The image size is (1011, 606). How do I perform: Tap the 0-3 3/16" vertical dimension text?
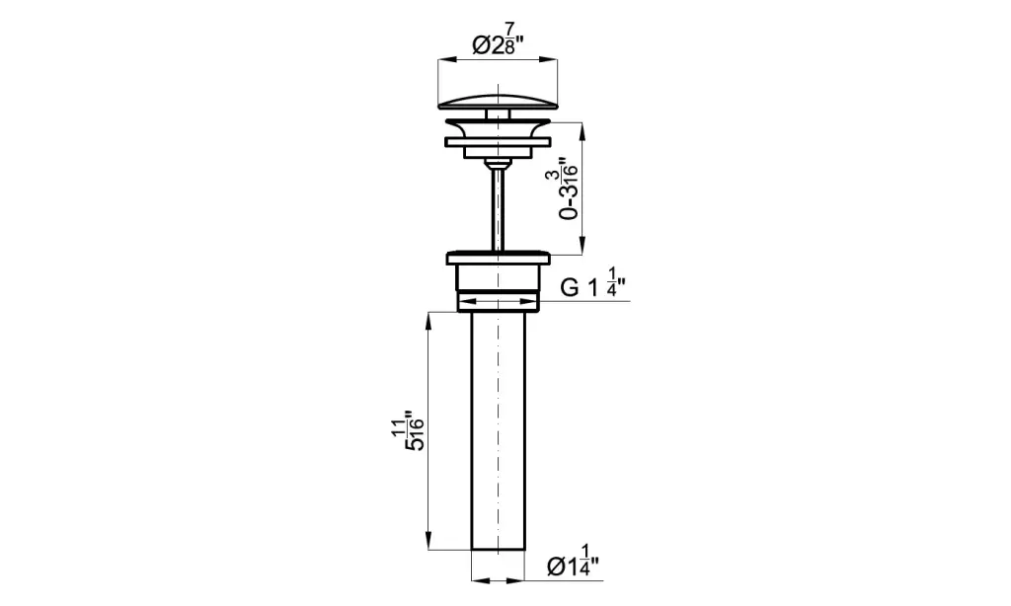coord(568,189)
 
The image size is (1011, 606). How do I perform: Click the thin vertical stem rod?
coord(498,207)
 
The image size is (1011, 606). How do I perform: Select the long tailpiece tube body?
coord(499,430)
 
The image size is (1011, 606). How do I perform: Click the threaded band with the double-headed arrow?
coord(498,301)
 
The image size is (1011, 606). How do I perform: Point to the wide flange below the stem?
coord(499,258)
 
